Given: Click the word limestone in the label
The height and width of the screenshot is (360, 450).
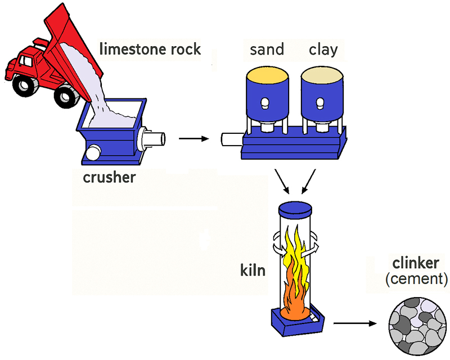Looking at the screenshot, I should point(130,49).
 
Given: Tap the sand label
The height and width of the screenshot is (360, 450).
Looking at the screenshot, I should point(267,50).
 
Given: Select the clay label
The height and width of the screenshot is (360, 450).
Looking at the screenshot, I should point(323,50).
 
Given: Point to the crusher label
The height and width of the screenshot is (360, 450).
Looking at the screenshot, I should point(109,178).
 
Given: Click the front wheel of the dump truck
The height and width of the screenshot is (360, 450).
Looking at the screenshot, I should point(23,84).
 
